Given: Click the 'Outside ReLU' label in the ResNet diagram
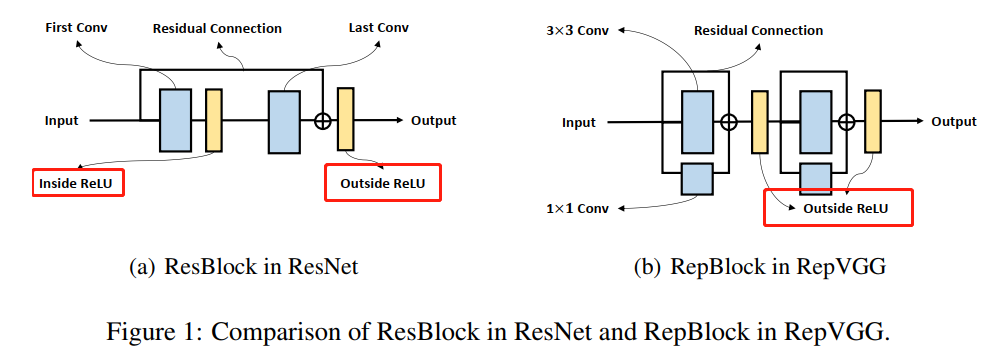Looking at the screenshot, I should point(383,183).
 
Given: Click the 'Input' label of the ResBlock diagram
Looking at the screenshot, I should point(62,121).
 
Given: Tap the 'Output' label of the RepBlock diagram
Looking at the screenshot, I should point(953,122).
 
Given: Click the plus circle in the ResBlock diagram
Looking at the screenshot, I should point(322,121).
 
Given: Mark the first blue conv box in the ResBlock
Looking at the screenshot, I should point(175,120).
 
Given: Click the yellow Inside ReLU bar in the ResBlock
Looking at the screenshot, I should point(213,120).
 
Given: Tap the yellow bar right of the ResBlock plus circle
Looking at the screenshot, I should point(346,119).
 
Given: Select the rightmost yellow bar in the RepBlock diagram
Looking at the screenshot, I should point(872,122).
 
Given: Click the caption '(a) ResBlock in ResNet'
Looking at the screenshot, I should point(244,267).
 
